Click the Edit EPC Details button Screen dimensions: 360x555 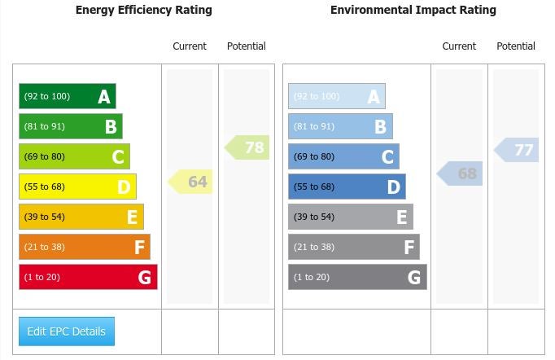click(x=67, y=331)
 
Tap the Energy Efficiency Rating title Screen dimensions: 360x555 click(x=143, y=11)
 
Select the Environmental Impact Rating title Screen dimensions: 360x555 click(x=413, y=11)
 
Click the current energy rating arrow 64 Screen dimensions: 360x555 click(x=191, y=182)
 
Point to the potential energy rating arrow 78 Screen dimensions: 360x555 click(x=248, y=147)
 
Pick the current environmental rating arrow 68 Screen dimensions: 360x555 click(x=461, y=173)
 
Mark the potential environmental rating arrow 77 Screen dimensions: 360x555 click(x=518, y=150)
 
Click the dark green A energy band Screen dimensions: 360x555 click(x=67, y=96)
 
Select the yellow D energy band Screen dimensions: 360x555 click(x=77, y=187)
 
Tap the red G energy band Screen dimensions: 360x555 click(x=88, y=277)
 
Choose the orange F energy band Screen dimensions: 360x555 click(x=84, y=247)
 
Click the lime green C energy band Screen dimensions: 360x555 click(x=74, y=156)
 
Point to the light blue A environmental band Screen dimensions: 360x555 click(x=336, y=96)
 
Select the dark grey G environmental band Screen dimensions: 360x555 click(x=357, y=277)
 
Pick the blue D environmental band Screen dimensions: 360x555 click(x=347, y=187)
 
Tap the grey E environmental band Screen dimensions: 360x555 click(x=350, y=217)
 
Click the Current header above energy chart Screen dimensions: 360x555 click(x=190, y=46)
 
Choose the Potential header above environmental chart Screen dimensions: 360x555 click(x=516, y=46)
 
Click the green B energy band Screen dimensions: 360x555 click(x=70, y=126)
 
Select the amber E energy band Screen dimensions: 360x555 click(x=81, y=217)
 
